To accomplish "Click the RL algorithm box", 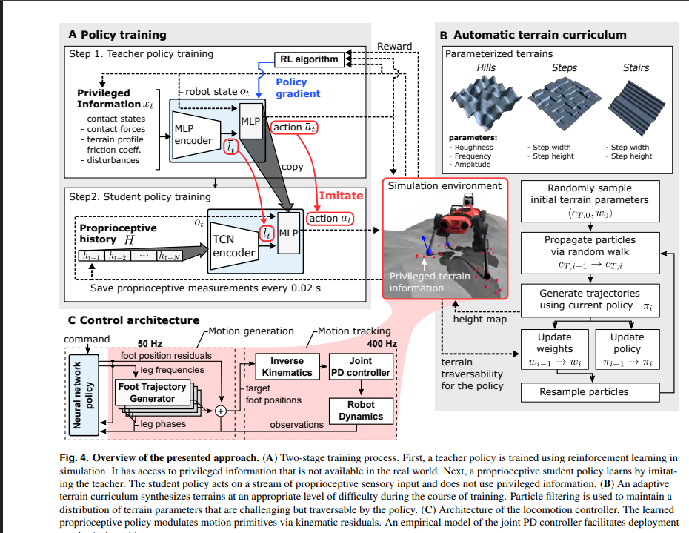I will [309, 59].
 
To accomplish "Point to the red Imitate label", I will [340, 196].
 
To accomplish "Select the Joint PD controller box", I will [360, 366].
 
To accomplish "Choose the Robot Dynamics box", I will [361, 411].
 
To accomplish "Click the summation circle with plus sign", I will [219, 412].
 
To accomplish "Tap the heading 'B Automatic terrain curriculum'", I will [532, 35].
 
